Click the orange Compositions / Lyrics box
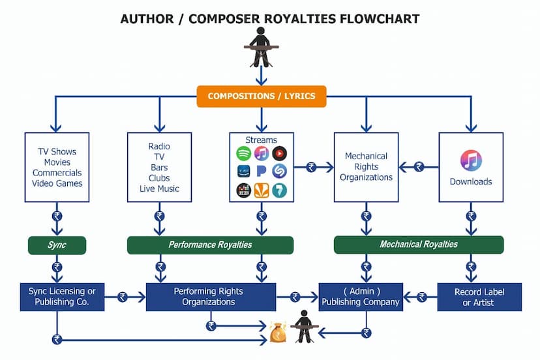(261, 96)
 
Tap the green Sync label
(57, 245)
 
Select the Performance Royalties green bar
(210, 245)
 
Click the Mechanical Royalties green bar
(418, 245)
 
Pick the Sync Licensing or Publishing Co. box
(57, 297)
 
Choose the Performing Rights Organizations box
(210, 297)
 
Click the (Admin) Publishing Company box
(361, 297)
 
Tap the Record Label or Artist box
(479, 297)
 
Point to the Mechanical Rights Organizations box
(366, 167)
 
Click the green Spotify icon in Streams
(244, 155)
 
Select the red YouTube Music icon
(279, 155)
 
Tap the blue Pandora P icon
(262, 172)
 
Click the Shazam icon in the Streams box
(279, 172)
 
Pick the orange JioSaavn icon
(262, 190)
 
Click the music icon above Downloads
(471, 160)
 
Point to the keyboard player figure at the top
(261, 47)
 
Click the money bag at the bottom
(278, 332)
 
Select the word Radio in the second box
(159, 147)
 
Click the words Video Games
(57, 183)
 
